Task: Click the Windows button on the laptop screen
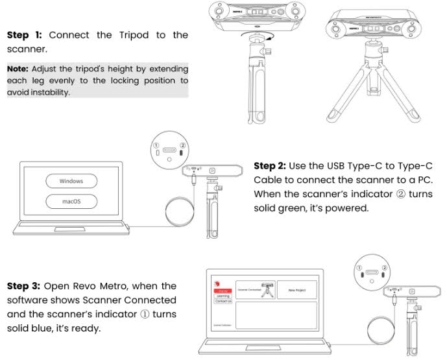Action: (71, 180)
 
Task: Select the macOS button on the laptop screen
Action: (71, 202)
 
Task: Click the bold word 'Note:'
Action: (19, 68)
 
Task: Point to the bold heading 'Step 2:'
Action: (273, 166)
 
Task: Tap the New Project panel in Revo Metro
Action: (296, 290)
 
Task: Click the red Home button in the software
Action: (223, 290)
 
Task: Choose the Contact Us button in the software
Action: (223, 302)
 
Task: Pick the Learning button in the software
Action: (223, 296)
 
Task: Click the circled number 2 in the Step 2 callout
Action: (183, 145)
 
